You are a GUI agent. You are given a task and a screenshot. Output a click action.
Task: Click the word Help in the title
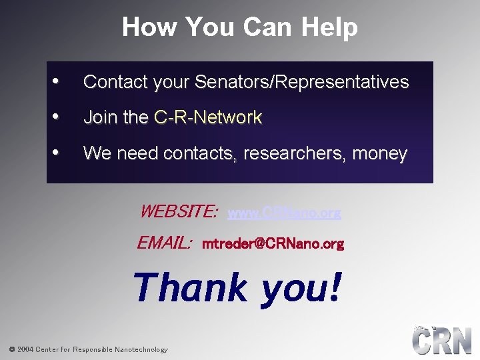click(x=329, y=27)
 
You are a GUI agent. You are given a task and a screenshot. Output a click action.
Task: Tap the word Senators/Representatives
click(x=301, y=82)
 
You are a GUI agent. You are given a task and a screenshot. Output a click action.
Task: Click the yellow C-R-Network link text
click(x=208, y=117)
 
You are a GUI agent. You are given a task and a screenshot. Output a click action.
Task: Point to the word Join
click(x=101, y=117)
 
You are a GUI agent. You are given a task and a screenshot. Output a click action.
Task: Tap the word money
click(x=379, y=153)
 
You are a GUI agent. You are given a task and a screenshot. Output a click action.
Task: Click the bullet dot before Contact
click(x=57, y=81)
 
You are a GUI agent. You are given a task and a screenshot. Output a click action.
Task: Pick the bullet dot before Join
click(x=57, y=116)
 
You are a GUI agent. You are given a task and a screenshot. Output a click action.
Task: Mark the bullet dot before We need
click(x=57, y=152)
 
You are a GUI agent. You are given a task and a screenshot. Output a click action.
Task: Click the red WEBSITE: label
click(x=178, y=212)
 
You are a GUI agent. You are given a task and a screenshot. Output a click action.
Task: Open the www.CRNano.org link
click(x=284, y=213)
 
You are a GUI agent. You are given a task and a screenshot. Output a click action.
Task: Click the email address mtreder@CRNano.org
click(x=273, y=244)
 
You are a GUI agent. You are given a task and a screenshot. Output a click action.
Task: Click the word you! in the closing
click(x=301, y=288)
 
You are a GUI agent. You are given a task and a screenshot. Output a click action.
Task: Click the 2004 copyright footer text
click(x=88, y=349)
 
